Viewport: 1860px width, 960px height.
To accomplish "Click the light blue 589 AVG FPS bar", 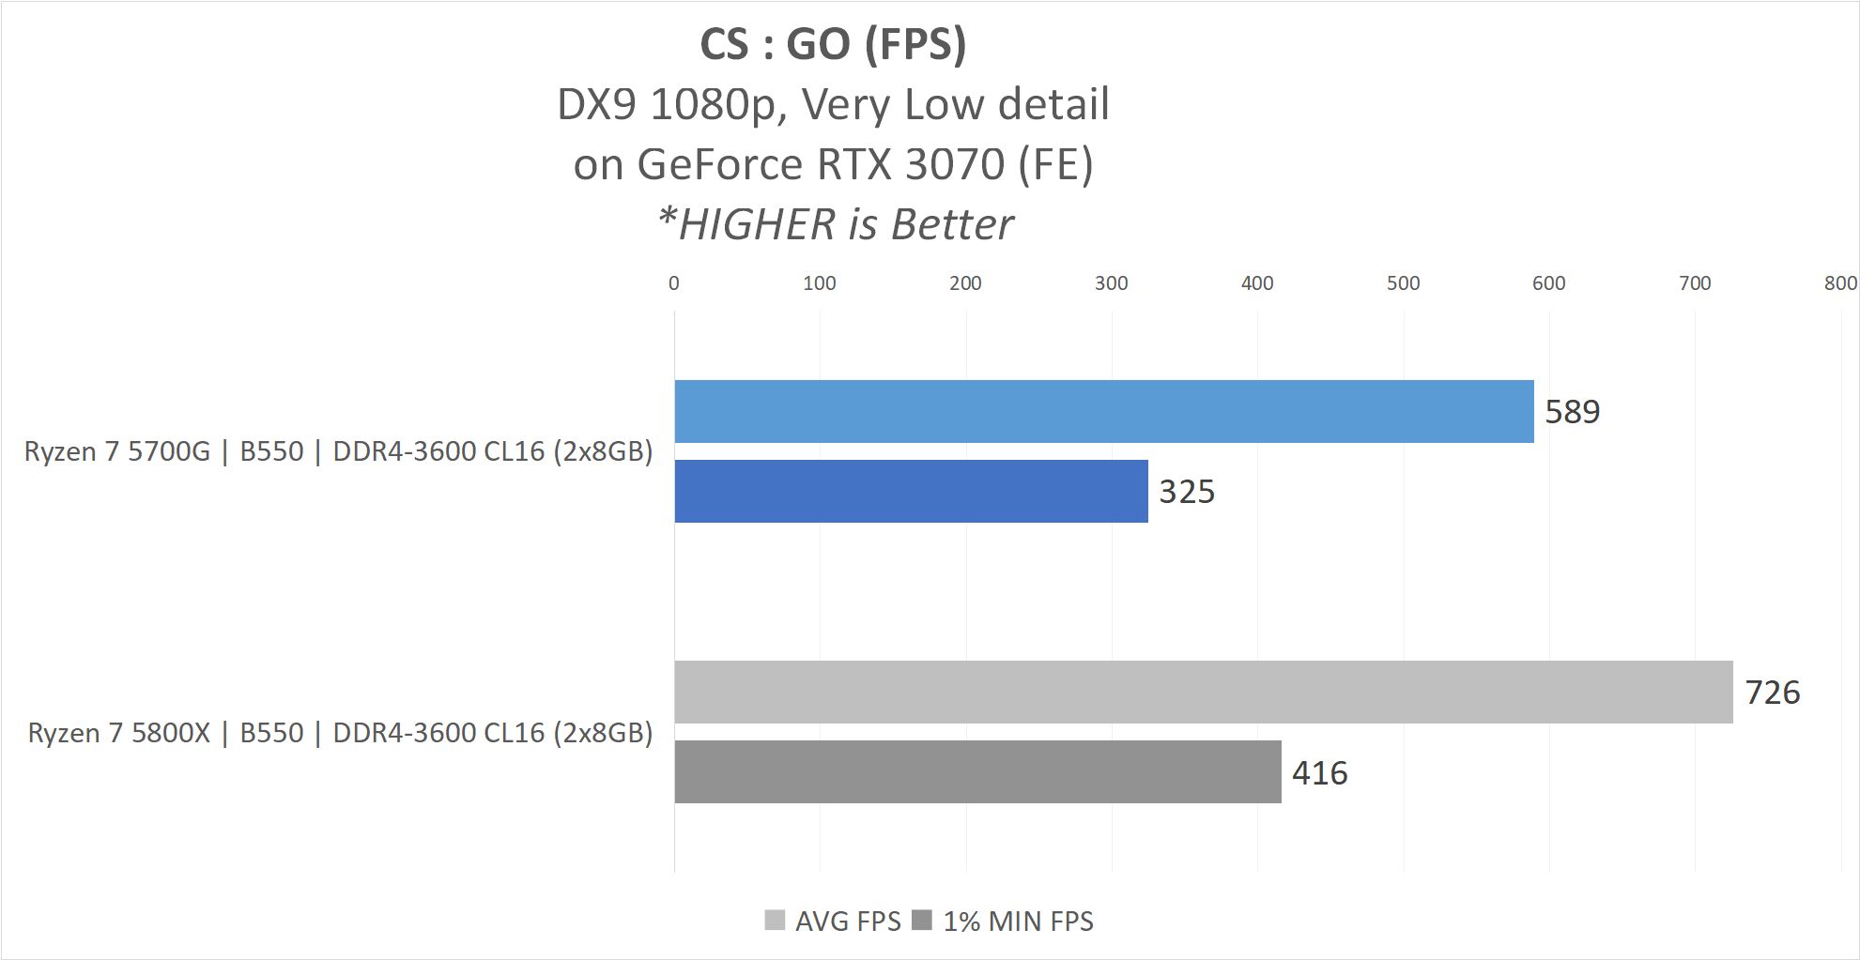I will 1103,411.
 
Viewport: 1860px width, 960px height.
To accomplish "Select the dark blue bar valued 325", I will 911,491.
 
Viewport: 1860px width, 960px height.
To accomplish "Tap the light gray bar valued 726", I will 1203,692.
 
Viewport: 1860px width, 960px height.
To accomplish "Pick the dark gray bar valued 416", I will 977,771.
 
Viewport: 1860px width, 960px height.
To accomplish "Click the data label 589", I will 1572,412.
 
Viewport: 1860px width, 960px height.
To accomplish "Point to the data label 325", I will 1187,492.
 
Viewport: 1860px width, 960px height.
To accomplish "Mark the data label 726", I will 1772,693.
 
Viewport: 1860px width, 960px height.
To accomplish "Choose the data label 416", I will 1319,772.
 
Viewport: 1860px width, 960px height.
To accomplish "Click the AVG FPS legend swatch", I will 775,920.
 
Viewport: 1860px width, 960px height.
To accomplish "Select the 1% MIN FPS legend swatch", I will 922,920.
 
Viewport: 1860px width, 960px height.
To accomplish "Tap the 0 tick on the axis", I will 674,283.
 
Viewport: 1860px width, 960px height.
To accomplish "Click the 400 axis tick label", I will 1257,283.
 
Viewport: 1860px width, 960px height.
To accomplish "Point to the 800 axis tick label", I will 1840,283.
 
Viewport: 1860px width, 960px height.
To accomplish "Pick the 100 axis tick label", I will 820,283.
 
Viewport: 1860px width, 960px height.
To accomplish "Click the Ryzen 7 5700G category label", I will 338,451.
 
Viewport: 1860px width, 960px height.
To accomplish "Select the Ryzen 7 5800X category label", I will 340,733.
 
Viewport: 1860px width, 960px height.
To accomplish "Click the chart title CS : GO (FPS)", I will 833,44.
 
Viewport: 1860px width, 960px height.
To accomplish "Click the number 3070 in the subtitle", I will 955,165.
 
